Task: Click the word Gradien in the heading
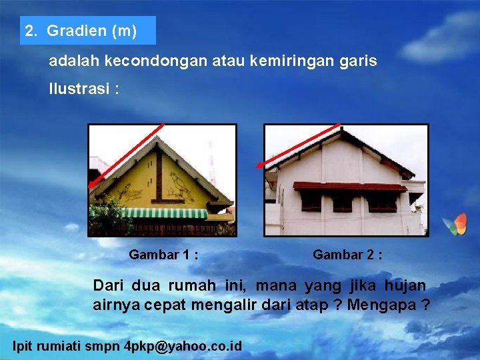(x=77, y=31)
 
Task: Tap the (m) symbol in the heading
(x=125, y=31)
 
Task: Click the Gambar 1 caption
(x=163, y=255)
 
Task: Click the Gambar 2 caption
(x=347, y=255)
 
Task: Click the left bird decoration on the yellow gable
(x=131, y=193)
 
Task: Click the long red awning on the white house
(x=349, y=186)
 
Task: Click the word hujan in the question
(x=405, y=286)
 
